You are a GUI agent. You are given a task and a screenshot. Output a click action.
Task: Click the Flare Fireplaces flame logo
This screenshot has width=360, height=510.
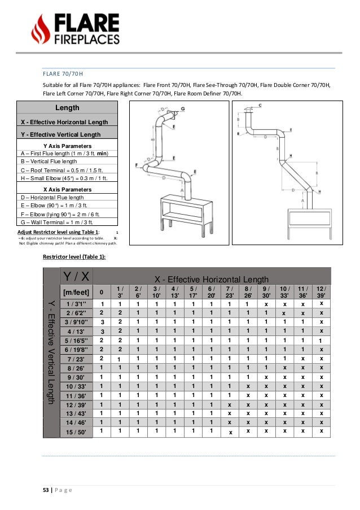coord(40,29)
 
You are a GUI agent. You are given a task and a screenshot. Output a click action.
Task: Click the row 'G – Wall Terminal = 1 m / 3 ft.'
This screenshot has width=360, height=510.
coord(59,221)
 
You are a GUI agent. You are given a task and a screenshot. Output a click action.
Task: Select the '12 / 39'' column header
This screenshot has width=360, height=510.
coord(321,292)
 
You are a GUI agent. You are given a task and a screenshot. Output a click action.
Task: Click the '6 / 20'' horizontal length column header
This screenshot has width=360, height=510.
coord(211,292)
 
